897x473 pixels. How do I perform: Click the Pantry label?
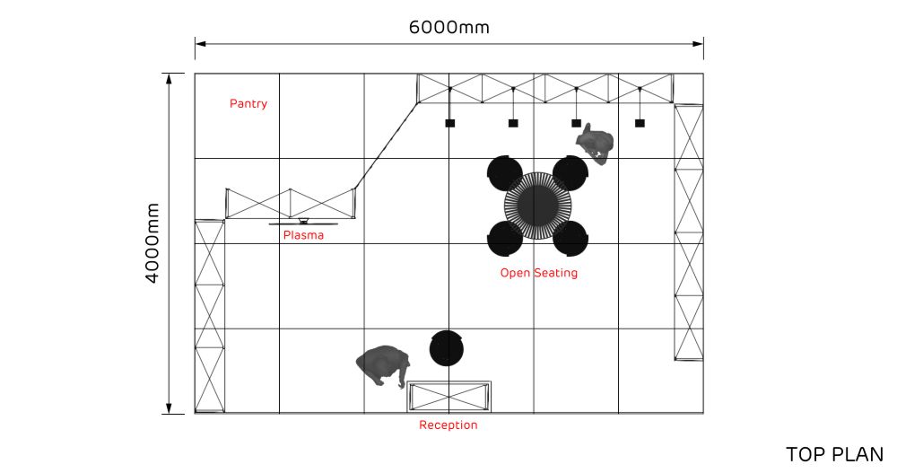(x=248, y=104)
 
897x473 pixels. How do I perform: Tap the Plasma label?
(x=303, y=236)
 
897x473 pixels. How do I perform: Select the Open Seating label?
(x=538, y=273)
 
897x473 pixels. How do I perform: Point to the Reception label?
(x=448, y=425)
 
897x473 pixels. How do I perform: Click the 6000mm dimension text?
(x=448, y=27)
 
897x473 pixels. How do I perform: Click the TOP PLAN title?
(x=834, y=455)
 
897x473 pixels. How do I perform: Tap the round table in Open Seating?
(x=537, y=206)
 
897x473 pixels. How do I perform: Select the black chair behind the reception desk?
(x=447, y=348)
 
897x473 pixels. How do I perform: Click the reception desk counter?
(x=448, y=396)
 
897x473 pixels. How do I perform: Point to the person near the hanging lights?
(x=596, y=144)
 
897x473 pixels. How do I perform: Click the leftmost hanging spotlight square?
(x=450, y=123)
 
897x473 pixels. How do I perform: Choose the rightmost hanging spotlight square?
(x=640, y=123)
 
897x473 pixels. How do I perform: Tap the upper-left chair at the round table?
(x=505, y=172)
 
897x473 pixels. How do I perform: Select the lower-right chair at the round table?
(x=570, y=238)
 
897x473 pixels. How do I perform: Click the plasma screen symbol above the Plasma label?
(x=303, y=221)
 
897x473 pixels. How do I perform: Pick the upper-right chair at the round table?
(x=570, y=172)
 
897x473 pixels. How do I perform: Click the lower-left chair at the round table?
(x=505, y=238)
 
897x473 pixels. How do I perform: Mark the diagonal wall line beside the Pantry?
(x=387, y=145)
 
